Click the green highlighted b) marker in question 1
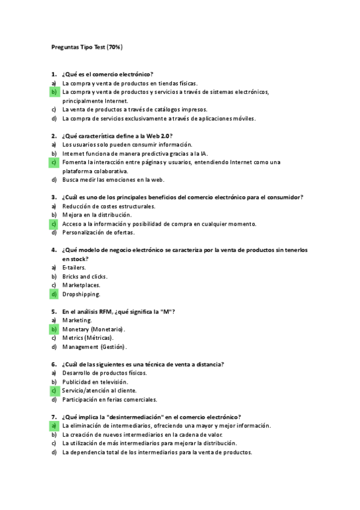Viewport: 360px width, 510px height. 53,92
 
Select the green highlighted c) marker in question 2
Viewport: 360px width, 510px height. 53,162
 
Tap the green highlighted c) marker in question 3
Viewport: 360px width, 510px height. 53,224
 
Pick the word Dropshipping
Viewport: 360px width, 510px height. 81,294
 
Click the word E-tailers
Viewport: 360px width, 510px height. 74,268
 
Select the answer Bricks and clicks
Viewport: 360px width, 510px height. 85,277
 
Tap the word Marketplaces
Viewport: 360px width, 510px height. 82,285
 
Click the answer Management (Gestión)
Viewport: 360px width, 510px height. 94,347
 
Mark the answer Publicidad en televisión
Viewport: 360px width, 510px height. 95,382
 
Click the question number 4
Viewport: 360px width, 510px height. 53,250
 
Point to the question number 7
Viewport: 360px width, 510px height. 53,417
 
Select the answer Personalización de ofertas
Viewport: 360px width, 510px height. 99,233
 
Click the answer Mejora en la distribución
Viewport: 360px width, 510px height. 97,215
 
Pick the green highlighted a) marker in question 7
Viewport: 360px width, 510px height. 53,425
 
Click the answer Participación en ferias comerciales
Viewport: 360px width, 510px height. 109,399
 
